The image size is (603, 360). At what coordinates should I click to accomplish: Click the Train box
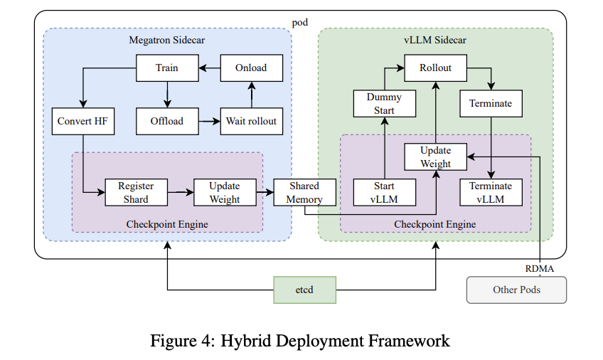tap(167, 68)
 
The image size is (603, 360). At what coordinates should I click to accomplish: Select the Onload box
tap(251, 68)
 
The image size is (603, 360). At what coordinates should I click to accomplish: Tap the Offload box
tap(167, 121)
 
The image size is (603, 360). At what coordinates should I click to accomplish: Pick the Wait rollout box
tap(251, 121)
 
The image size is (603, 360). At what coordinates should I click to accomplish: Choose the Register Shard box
tap(136, 192)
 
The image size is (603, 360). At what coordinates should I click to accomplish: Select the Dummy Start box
tap(384, 103)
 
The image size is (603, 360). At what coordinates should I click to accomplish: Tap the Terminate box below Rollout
tap(491, 103)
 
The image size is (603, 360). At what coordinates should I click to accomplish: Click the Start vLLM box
tap(384, 192)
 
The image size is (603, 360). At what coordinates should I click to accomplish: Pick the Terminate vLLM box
tap(491, 192)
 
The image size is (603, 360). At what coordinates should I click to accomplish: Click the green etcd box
tap(306, 290)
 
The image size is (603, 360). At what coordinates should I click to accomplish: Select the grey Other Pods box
tap(516, 290)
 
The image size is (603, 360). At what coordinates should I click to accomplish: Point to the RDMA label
tap(540, 268)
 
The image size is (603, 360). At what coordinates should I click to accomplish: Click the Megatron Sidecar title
tap(167, 40)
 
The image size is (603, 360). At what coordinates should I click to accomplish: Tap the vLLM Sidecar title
tap(435, 40)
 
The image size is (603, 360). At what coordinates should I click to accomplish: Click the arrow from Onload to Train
tap(209, 68)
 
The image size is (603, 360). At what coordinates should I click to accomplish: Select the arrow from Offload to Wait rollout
tap(209, 121)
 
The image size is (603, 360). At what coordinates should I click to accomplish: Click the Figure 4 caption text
tap(299, 341)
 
